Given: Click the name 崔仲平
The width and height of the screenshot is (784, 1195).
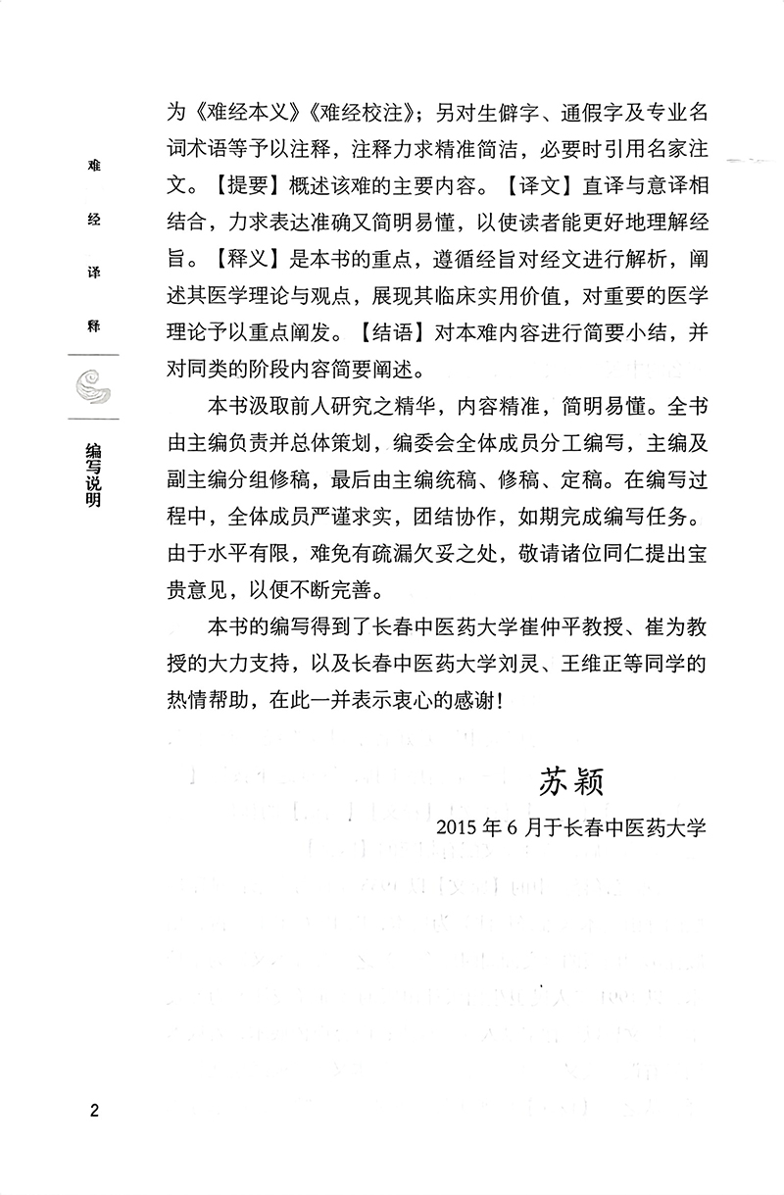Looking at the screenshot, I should click(531, 625).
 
